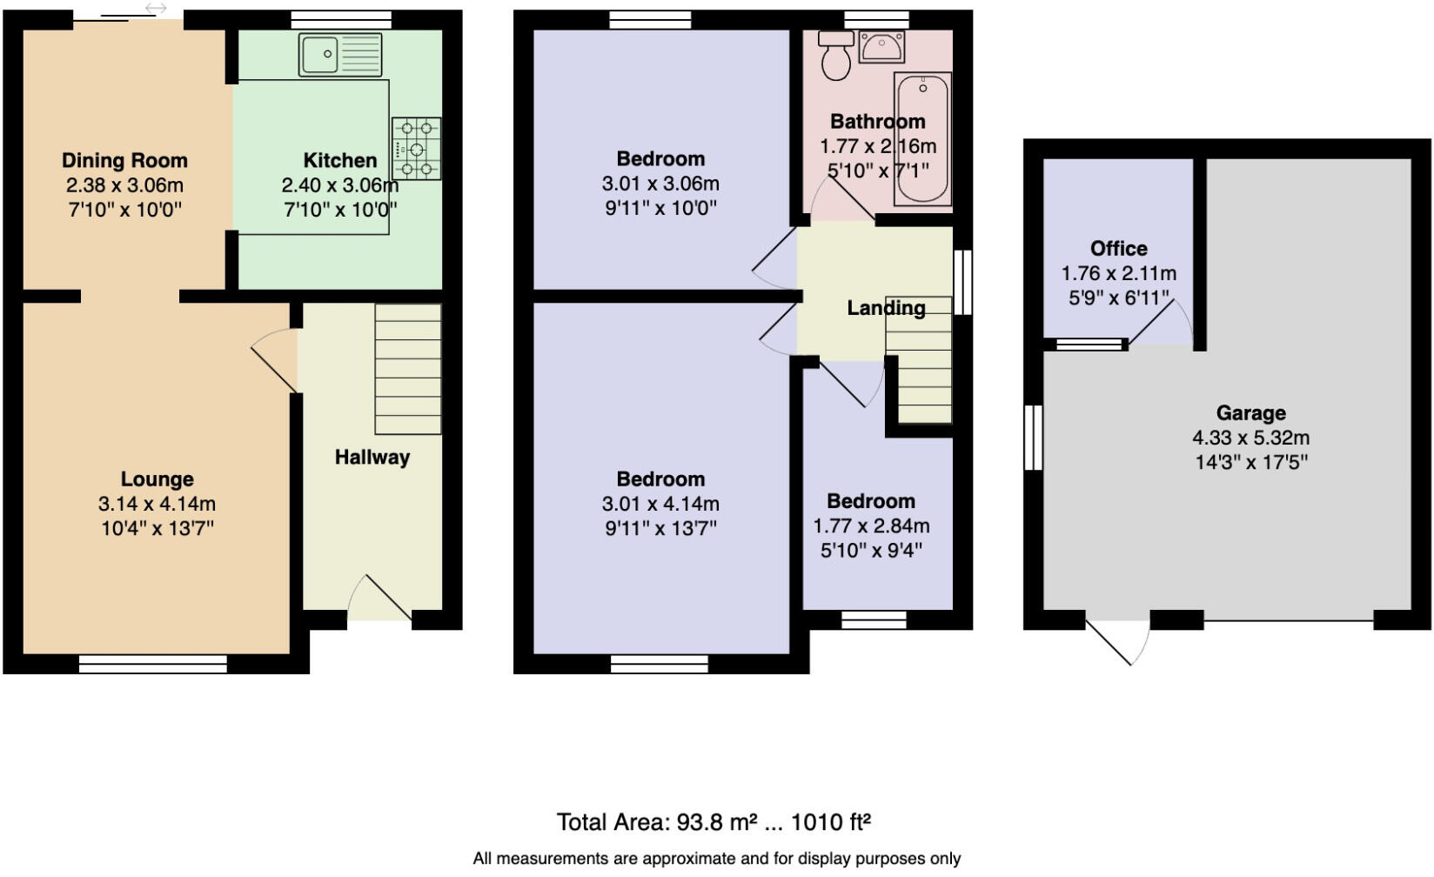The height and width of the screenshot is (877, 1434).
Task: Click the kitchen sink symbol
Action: [x=339, y=54]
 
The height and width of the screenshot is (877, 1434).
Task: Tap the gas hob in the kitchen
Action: [x=416, y=149]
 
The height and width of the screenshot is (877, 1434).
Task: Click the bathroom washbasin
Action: [x=881, y=47]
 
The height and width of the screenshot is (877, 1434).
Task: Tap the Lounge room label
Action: [x=157, y=479]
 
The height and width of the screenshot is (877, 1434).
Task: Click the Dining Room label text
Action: [x=124, y=161]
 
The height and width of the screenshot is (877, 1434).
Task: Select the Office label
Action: [x=1118, y=249]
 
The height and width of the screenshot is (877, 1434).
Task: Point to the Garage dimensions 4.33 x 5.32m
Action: [x=1250, y=438]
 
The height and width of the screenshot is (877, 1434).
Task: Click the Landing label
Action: [x=886, y=308]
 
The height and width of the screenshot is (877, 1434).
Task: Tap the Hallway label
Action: [x=372, y=458]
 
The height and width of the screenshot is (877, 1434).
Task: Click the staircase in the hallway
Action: [x=407, y=369]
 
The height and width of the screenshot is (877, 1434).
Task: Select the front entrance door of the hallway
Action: [x=380, y=599]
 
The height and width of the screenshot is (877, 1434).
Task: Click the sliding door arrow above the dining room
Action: [x=155, y=9]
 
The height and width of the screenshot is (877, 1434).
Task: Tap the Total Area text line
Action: [x=714, y=821]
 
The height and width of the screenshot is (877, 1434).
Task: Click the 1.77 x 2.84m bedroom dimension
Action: [x=870, y=526]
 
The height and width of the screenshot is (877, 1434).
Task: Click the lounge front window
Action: [x=152, y=665]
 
